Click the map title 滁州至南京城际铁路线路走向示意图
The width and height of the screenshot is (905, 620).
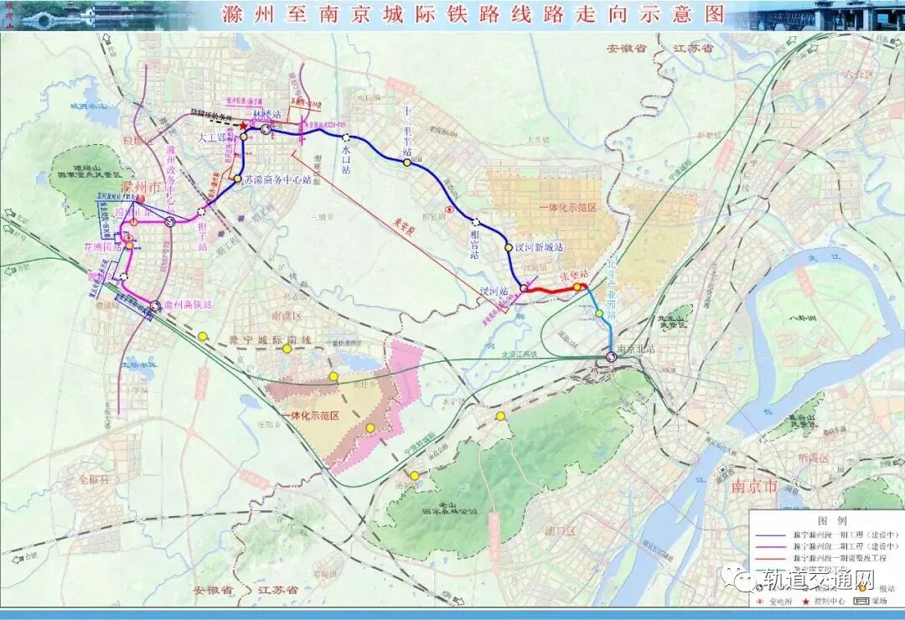tap(473, 14)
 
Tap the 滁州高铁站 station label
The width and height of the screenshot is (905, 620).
tap(188, 305)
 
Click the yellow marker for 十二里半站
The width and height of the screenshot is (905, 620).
tap(407, 163)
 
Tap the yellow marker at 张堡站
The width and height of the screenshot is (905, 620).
tap(577, 287)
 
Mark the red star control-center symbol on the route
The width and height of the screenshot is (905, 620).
tap(243, 127)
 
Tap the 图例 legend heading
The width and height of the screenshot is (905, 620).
tap(825, 519)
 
